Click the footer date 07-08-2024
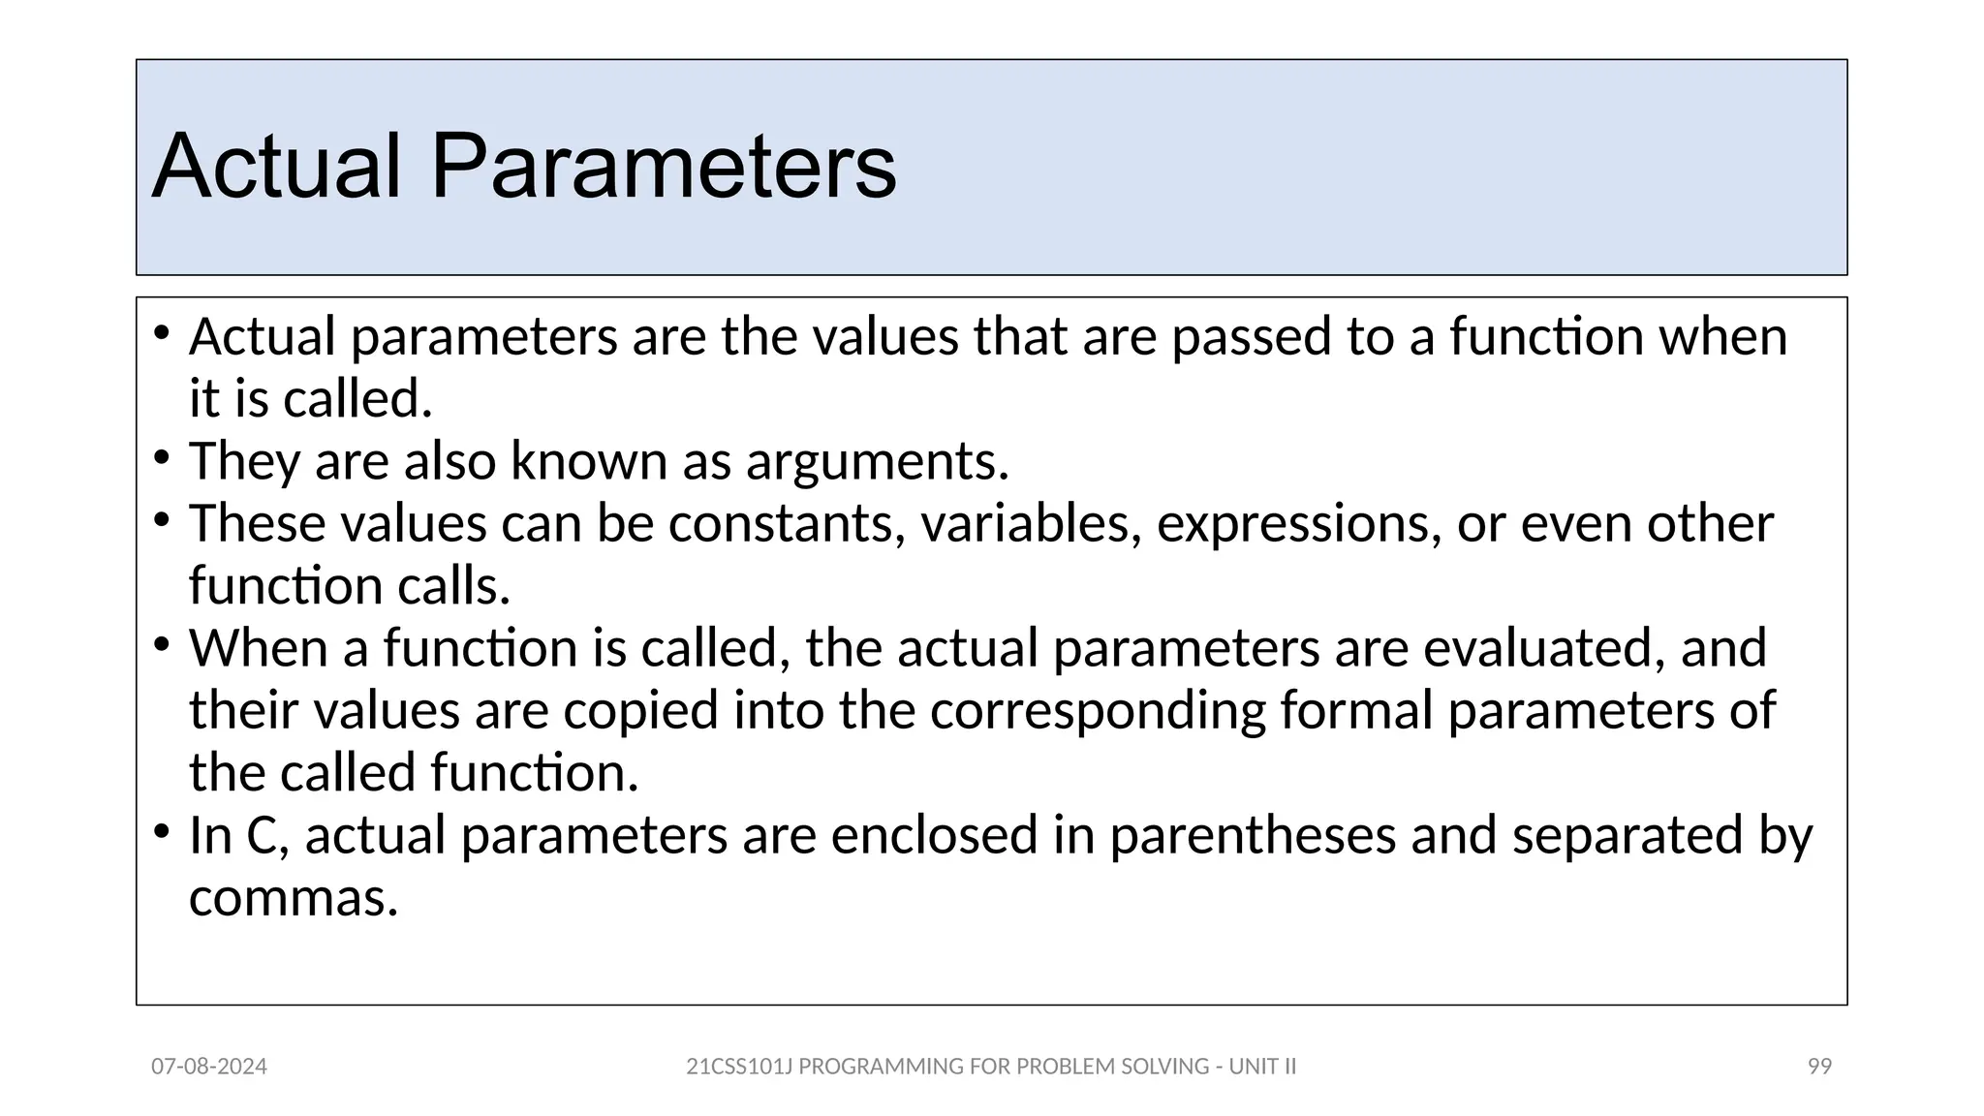209,1067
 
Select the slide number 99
1819,1067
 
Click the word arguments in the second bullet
876,461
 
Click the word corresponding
1098,711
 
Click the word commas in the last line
293,899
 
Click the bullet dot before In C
161,830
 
